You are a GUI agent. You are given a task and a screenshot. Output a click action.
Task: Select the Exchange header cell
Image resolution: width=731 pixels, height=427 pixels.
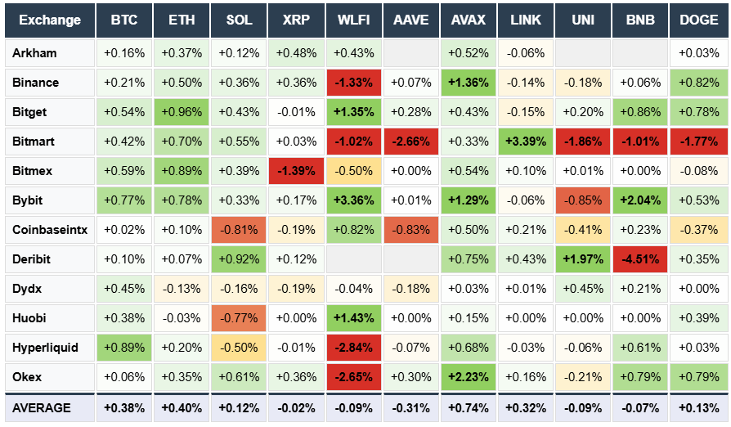point(47,20)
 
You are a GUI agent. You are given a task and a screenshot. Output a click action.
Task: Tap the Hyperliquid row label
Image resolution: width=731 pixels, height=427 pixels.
point(47,348)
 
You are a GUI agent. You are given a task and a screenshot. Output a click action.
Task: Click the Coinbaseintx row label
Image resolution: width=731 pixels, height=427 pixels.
point(47,230)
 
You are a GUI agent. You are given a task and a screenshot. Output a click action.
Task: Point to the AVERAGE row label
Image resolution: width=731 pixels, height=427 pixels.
point(47,407)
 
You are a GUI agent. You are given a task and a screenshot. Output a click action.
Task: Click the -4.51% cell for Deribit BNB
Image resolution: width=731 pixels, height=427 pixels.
point(640,259)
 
